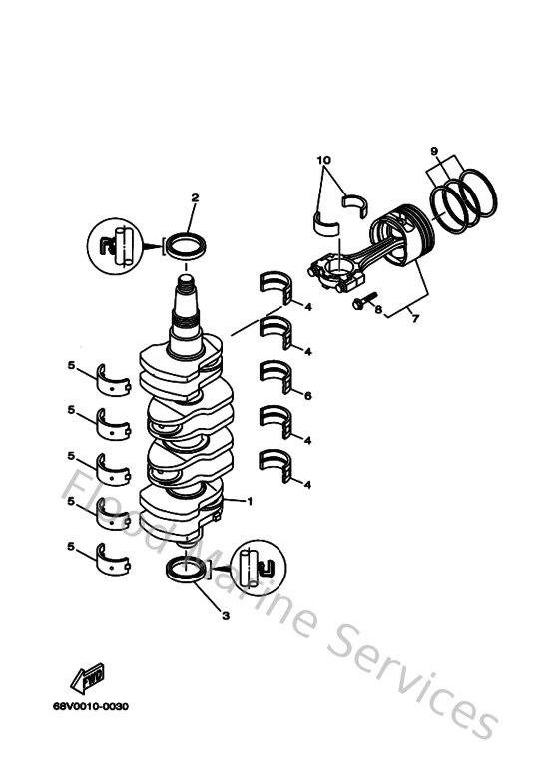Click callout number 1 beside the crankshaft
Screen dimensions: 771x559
pos(250,500)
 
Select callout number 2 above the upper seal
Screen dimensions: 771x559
pos(195,197)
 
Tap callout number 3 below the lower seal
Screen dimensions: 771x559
pos(226,616)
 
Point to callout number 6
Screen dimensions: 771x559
pos(309,396)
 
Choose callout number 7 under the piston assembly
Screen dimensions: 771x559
pos(414,317)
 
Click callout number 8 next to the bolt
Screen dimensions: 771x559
pos(378,310)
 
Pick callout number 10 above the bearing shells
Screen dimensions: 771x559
pos(323,160)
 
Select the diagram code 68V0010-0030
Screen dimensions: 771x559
pos(92,707)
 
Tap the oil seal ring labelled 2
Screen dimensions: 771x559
pos(186,243)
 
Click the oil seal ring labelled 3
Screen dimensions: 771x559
pos(186,572)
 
